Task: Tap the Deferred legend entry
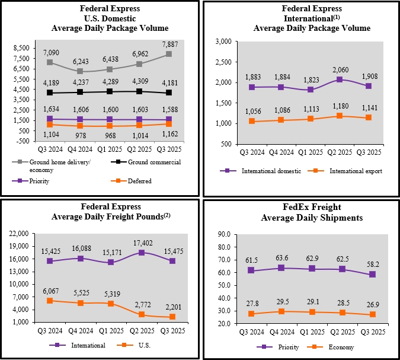[x=140, y=181]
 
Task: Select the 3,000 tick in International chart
[x=224, y=42]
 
